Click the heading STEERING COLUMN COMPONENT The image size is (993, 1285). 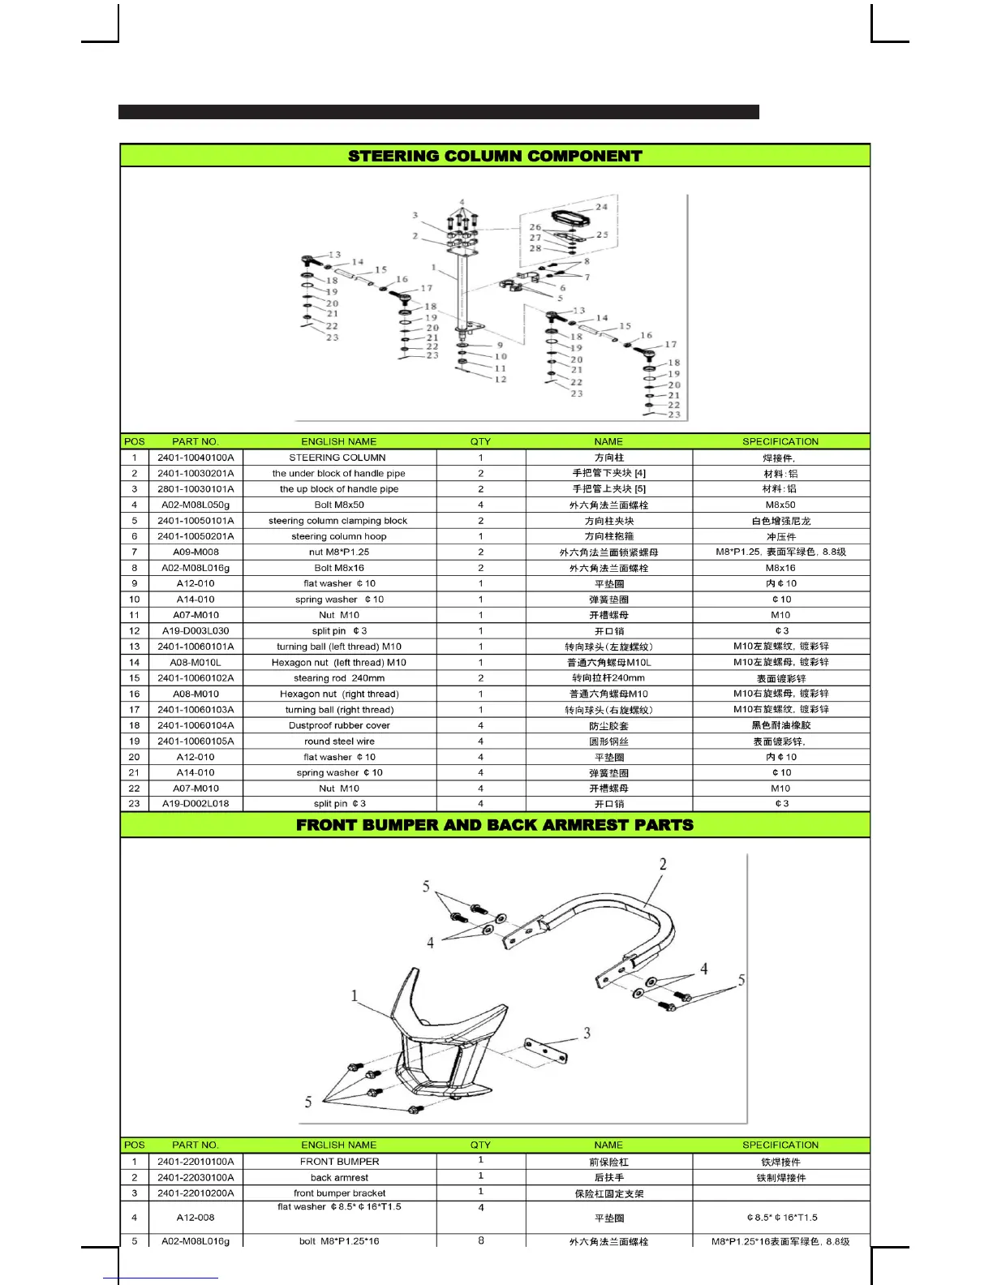pyautogui.click(x=495, y=156)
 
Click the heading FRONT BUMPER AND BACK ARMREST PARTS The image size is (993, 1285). pyautogui.click(x=495, y=825)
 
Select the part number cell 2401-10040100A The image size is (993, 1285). pyautogui.click(x=196, y=458)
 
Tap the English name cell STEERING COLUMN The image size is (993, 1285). pyautogui.click(x=337, y=458)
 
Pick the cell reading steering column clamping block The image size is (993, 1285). pyautogui.click(x=337, y=521)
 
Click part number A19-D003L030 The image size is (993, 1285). pyautogui.click(x=196, y=631)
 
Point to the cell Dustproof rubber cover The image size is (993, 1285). pyautogui.click(x=339, y=725)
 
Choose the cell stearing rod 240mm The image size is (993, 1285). pyautogui.click(x=339, y=678)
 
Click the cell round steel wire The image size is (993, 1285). pyautogui.click(x=339, y=741)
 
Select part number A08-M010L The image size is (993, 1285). pyautogui.click(x=196, y=663)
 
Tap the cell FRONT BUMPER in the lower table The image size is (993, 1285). pyautogui.click(x=339, y=1162)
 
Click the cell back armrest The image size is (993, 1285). pyautogui.click(x=339, y=1178)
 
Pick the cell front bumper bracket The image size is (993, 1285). pyautogui.click(x=339, y=1193)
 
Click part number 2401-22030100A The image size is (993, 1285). pyautogui.click(x=196, y=1178)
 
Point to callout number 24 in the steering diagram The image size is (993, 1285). pyautogui.click(x=601, y=207)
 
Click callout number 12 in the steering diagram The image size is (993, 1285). pyautogui.click(x=501, y=380)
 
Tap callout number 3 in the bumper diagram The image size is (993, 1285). pyautogui.click(x=587, y=1034)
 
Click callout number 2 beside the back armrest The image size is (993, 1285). pyautogui.click(x=663, y=865)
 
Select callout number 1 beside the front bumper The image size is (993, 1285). pyautogui.click(x=355, y=996)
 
